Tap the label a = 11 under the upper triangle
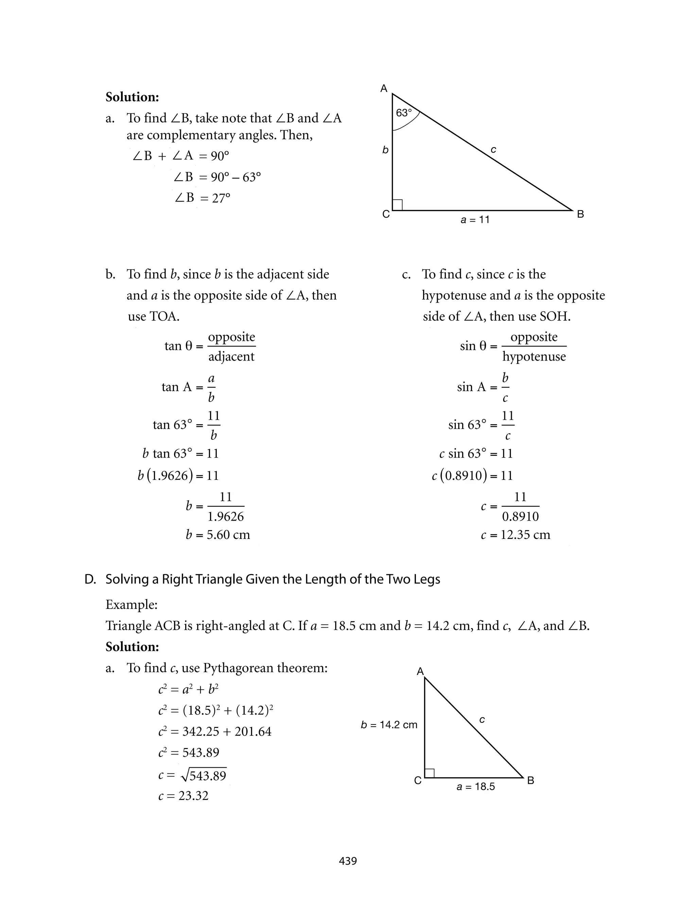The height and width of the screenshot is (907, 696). pyautogui.click(x=475, y=220)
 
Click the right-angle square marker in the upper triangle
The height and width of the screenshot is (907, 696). pyautogui.click(x=397, y=205)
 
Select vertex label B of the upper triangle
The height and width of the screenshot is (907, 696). pyautogui.click(x=580, y=214)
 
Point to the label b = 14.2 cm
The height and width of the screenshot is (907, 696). pyautogui.click(x=389, y=725)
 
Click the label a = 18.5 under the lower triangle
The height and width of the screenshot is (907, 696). pyautogui.click(x=475, y=786)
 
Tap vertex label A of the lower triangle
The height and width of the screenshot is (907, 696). pyautogui.click(x=420, y=671)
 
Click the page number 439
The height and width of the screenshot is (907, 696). pyautogui.click(x=348, y=861)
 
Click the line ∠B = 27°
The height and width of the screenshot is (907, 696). pyautogui.click(x=202, y=198)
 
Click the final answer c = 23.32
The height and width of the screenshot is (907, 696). pyautogui.click(x=183, y=796)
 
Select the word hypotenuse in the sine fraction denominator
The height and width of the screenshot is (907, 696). pyautogui.click(x=534, y=356)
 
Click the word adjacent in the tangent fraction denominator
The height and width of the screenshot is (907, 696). pyautogui.click(x=231, y=356)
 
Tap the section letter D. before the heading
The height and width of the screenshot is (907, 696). pyautogui.click(x=90, y=579)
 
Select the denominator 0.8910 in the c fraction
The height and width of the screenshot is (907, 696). pyautogui.click(x=520, y=517)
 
